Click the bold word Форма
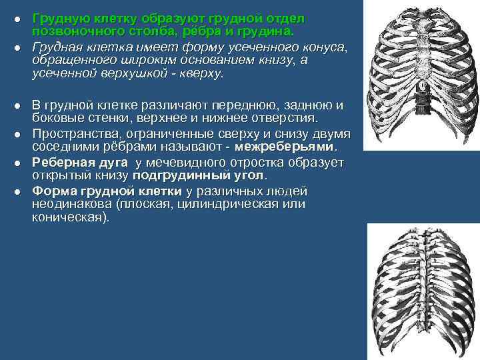51,191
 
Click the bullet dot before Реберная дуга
19,163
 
